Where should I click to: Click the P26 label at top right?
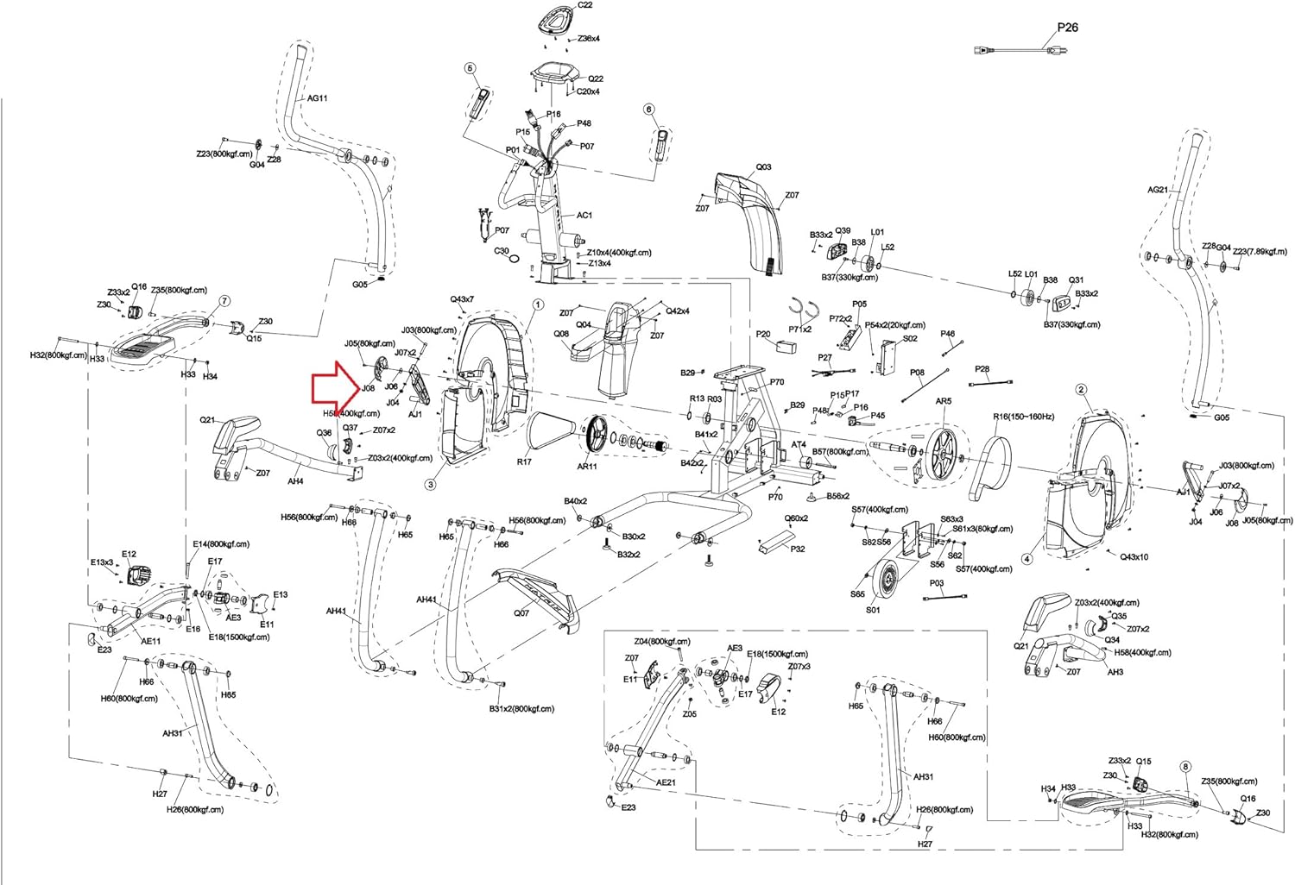click(1067, 27)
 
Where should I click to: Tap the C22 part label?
click(584, 5)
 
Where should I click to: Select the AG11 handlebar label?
click(318, 98)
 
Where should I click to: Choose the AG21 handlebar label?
click(1158, 190)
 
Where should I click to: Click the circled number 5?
click(470, 68)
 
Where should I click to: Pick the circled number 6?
click(649, 110)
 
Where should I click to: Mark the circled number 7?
click(224, 301)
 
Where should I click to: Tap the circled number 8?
click(1184, 767)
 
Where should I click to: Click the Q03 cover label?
click(763, 167)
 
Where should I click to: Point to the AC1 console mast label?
click(584, 216)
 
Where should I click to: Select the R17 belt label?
click(524, 461)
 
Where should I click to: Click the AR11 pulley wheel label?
click(586, 467)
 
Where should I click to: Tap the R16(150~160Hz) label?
click(1024, 417)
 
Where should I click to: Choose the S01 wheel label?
click(873, 610)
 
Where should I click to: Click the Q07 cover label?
click(521, 613)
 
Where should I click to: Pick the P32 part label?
click(797, 549)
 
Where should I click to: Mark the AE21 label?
click(665, 782)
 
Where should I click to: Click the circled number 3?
click(430, 485)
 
